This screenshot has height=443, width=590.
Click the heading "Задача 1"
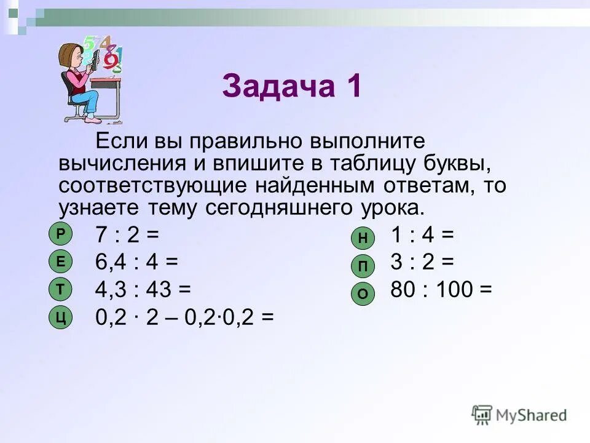(x=293, y=86)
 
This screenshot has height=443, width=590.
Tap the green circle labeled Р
(x=60, y=234)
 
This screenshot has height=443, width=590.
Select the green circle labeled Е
(x=60, y=261)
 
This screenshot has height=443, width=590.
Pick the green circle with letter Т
(x=60, y=289)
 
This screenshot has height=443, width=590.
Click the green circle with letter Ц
(x=60, y=317)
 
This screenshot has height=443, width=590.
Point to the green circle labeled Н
(x=363, y=238)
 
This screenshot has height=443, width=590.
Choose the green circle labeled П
(x=363, y=266)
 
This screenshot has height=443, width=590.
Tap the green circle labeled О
(x=363, y=294)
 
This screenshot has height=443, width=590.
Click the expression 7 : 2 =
(x=127, y=234)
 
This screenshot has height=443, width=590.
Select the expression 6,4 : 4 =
(x=136, y=262)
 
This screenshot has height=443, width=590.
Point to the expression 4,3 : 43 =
(x=143, y=290)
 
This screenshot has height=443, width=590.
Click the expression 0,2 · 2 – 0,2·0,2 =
(x=184, y=317)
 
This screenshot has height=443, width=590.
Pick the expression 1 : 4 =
(x=422, y=234)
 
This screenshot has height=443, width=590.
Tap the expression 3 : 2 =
(x=422, y=262)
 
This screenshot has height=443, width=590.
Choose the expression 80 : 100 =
(x=441, y=290)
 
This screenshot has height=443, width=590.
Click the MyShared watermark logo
(x=519, y=415)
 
